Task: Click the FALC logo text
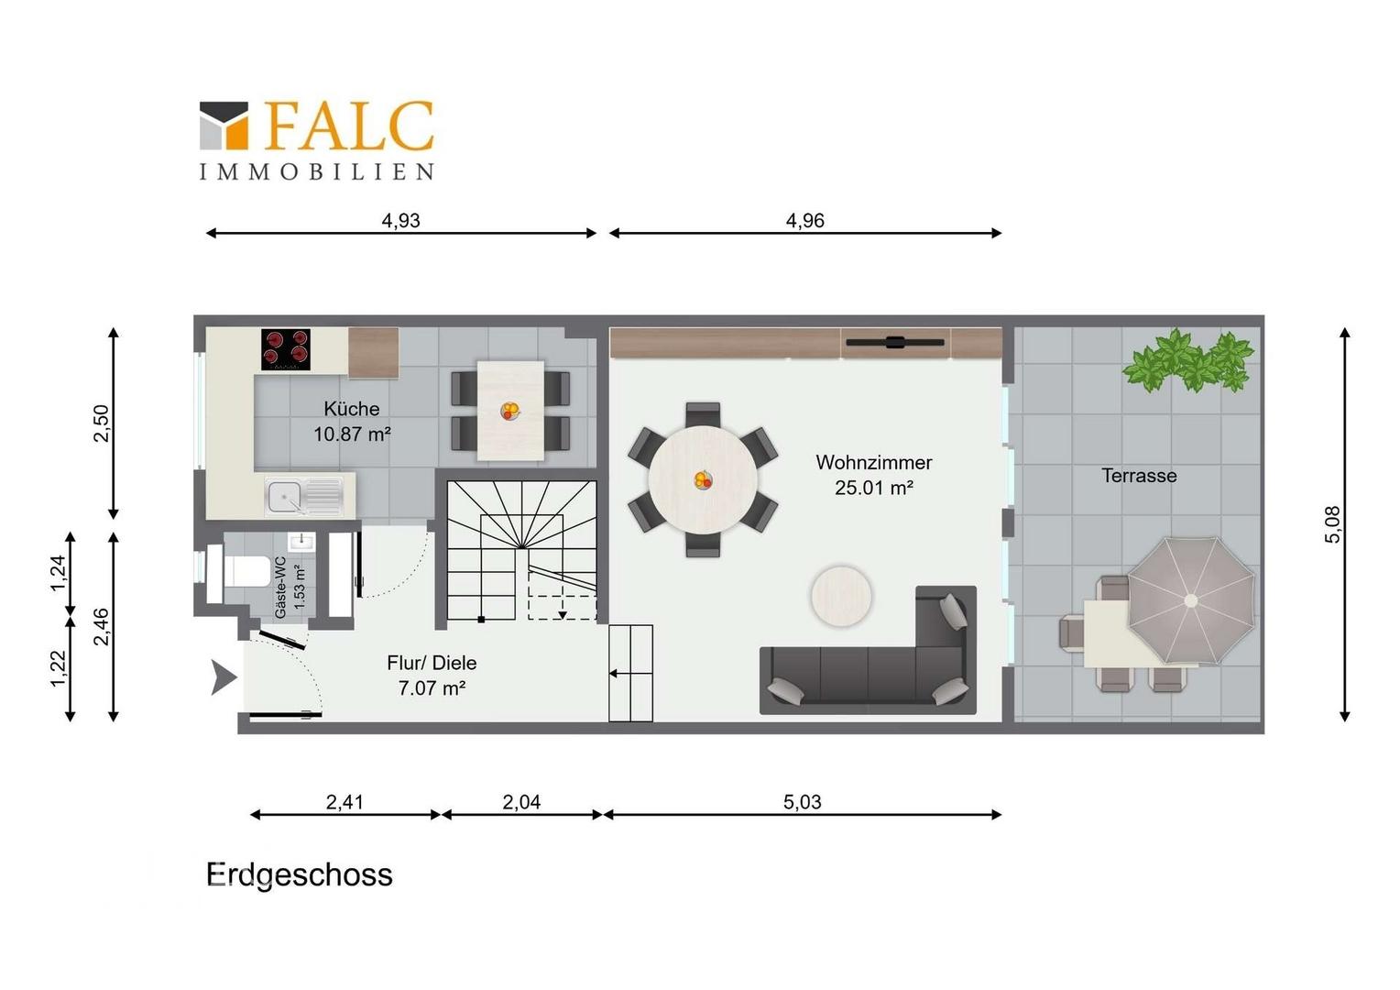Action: [x=349, y=126]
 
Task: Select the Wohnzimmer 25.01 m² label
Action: [x=874, y=476]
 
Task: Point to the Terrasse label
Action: [x=1139, y=476]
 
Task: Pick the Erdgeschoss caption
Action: [x=300, y=874]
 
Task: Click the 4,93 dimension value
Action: [x=401, y=221]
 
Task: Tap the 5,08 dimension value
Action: [x=1333, y=524]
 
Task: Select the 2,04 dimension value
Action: [x=521, y=802]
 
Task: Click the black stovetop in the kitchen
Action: [x=286, y=349]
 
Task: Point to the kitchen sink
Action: [x=304, y=497]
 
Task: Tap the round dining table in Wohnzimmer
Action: [x=703, y=480]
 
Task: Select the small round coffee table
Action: [x=841, y=596]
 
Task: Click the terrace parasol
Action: [x=1190, y=600]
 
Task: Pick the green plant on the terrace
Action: [x=1187, y=361]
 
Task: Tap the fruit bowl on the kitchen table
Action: [x=510, y=411]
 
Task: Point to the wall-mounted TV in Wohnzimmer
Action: [x=895, y=342]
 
